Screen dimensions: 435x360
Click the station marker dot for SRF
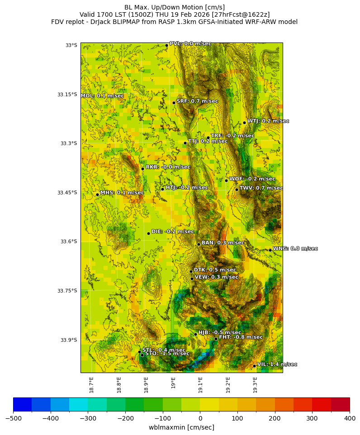tap(174, 103)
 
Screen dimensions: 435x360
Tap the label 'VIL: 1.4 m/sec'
tap(277, 364)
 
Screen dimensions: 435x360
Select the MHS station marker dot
tap(97, 194)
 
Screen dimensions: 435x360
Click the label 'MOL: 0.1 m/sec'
tap(102, 96)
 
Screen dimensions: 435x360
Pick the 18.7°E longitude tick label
tap(91, 385)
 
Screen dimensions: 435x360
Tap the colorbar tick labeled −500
tap(13, 418)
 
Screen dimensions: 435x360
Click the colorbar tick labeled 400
tap(350, 418)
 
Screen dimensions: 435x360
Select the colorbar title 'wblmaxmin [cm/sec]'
tap(181, 427)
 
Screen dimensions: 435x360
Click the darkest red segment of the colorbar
tap(340, 404)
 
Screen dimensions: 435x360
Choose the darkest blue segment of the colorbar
tap(22, 404)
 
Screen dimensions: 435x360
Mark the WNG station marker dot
tap(270, 250)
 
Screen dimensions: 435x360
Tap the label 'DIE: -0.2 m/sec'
tap(172, 232)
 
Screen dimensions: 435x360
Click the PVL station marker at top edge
tap(166, 45)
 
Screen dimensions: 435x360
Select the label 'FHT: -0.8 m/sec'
tap(241, 337)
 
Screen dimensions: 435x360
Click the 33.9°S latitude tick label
tap(68, 340)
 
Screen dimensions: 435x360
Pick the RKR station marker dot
tap(142, 169)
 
